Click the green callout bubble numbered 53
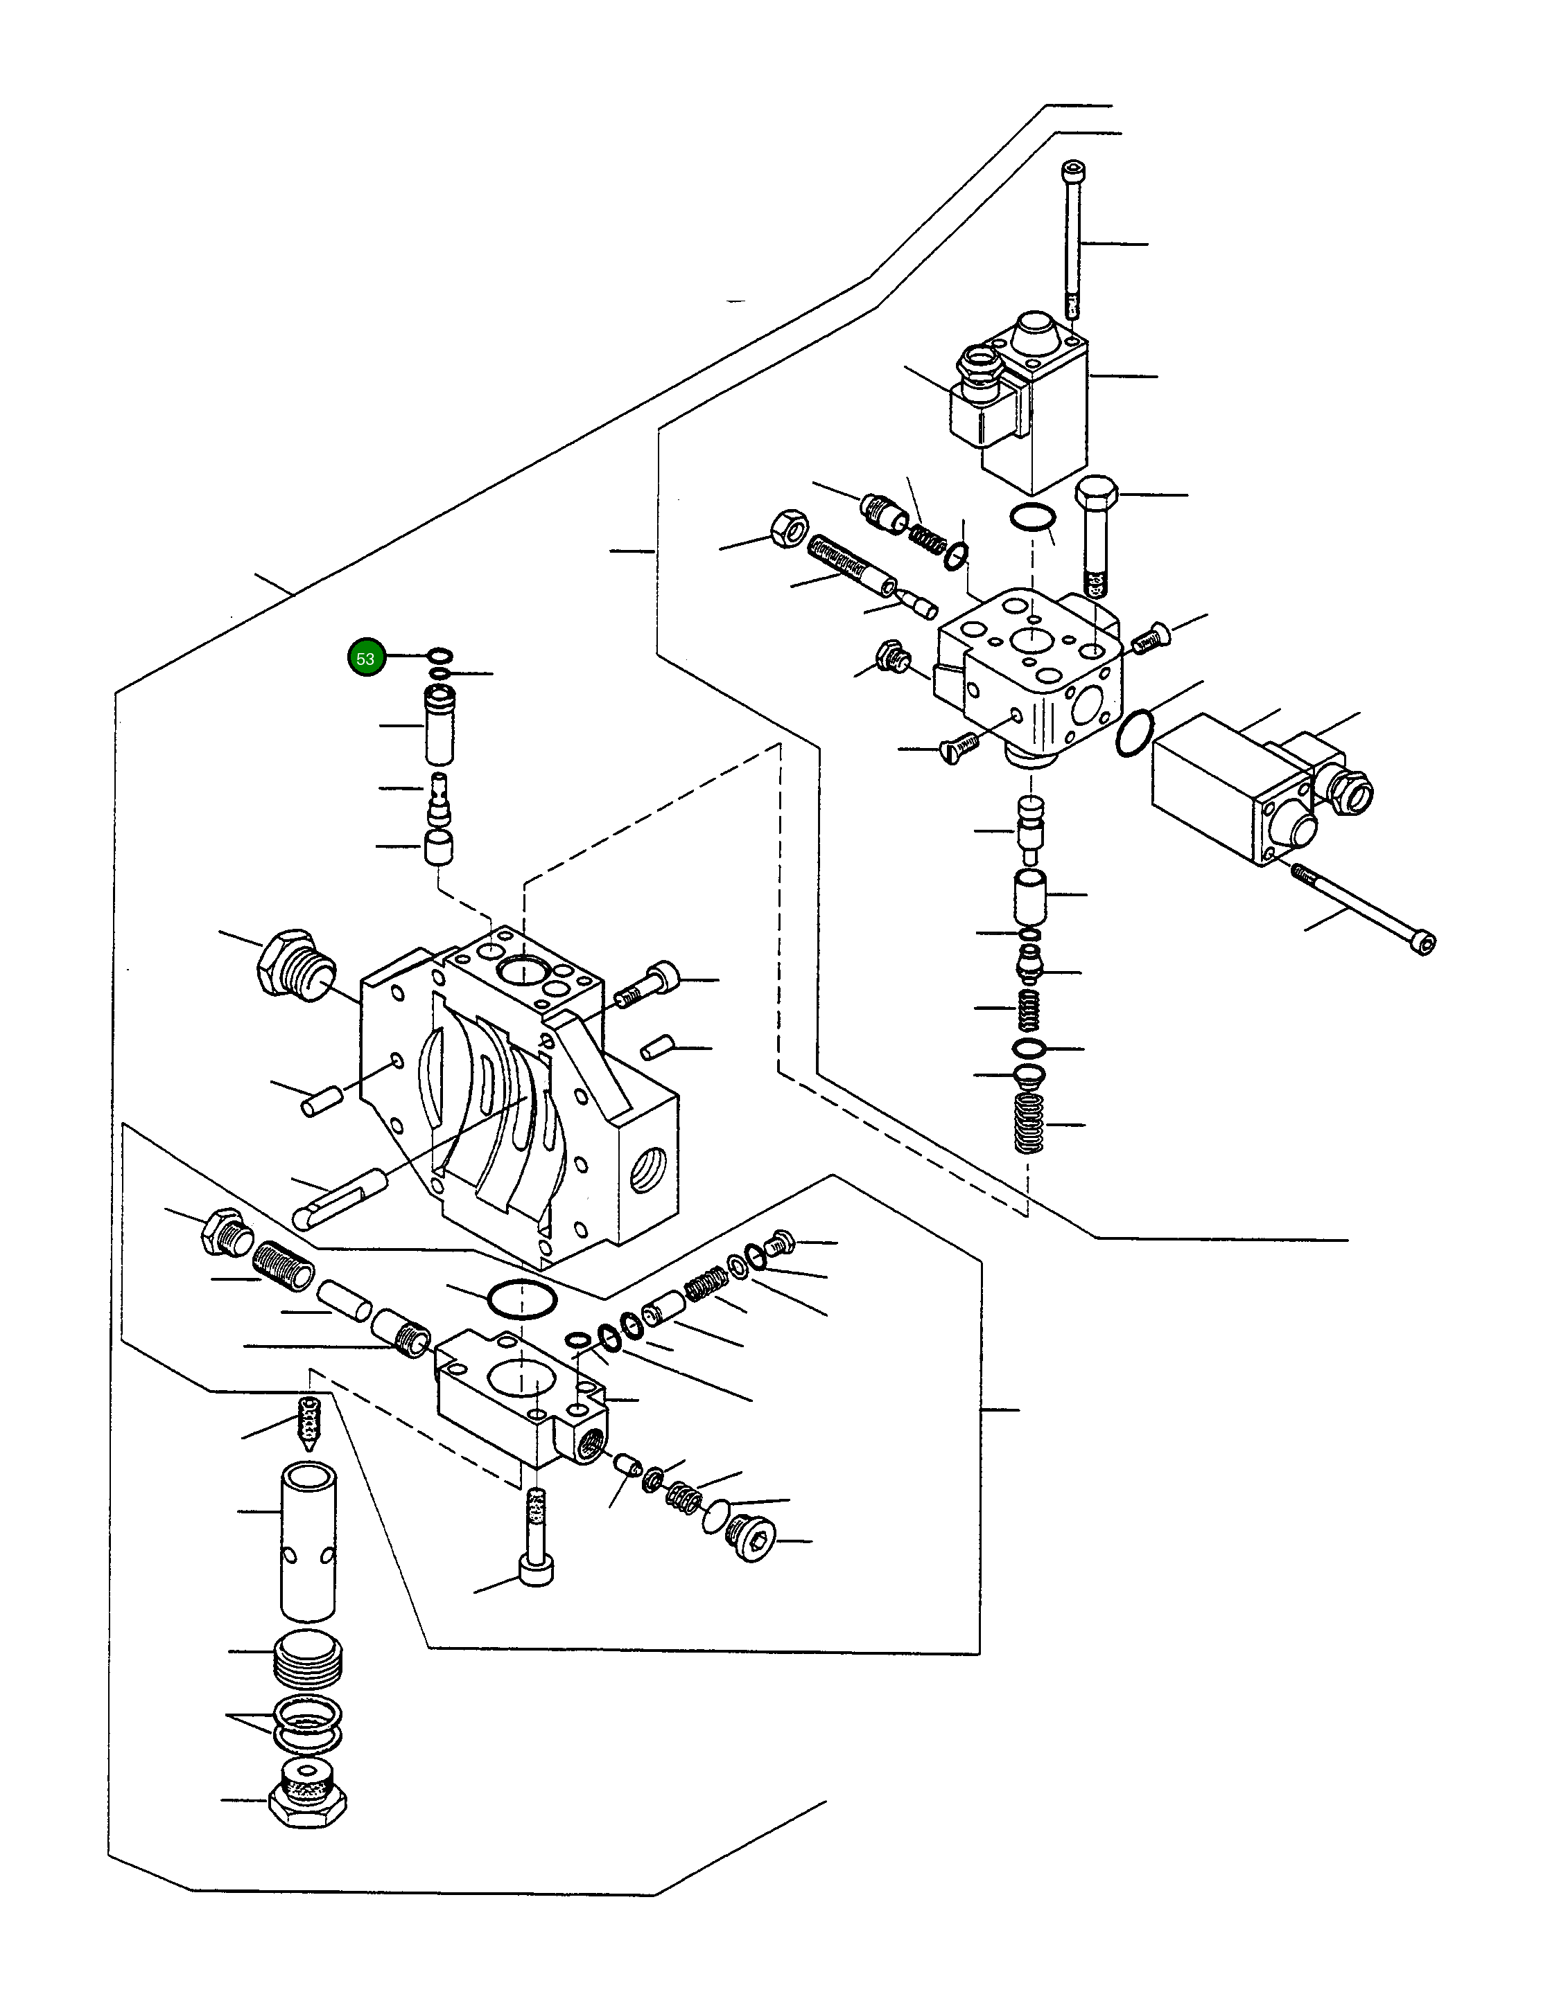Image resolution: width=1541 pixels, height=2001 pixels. tap(366, 658)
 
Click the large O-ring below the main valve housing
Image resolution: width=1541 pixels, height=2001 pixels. tap(521, 1298)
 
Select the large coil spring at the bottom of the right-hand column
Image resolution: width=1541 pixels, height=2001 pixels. tap(1029, 1123)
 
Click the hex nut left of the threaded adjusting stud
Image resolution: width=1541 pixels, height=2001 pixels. tap(790, 528)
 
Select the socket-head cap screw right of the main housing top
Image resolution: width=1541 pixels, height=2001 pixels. tap(647, 985)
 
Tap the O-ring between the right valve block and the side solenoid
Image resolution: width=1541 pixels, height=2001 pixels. tap(1134, 733)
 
